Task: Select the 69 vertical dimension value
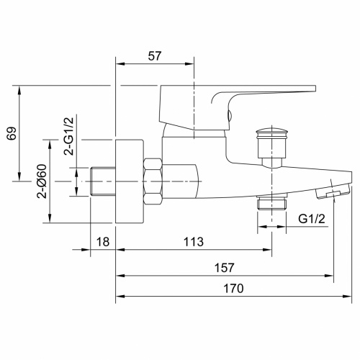click(10, 133)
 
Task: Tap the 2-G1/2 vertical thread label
click(68, 137)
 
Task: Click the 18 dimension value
click(103, 241)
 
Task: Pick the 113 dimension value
click(194, 241)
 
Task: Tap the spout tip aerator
click(332, 192)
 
